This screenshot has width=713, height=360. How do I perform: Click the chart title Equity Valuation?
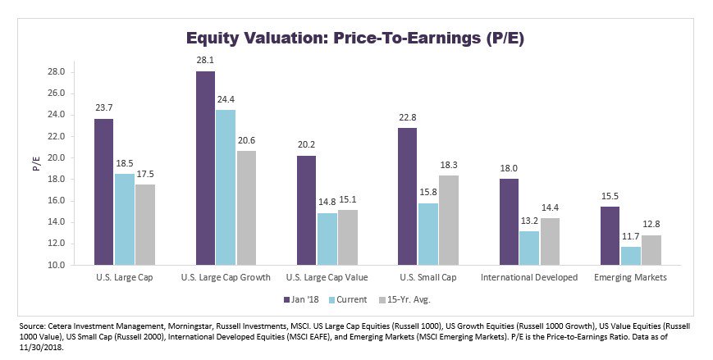355,38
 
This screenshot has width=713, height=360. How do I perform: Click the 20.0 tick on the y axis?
56,158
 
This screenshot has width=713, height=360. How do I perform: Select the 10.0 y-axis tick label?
56,266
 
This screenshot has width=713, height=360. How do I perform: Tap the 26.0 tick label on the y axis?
56,93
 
